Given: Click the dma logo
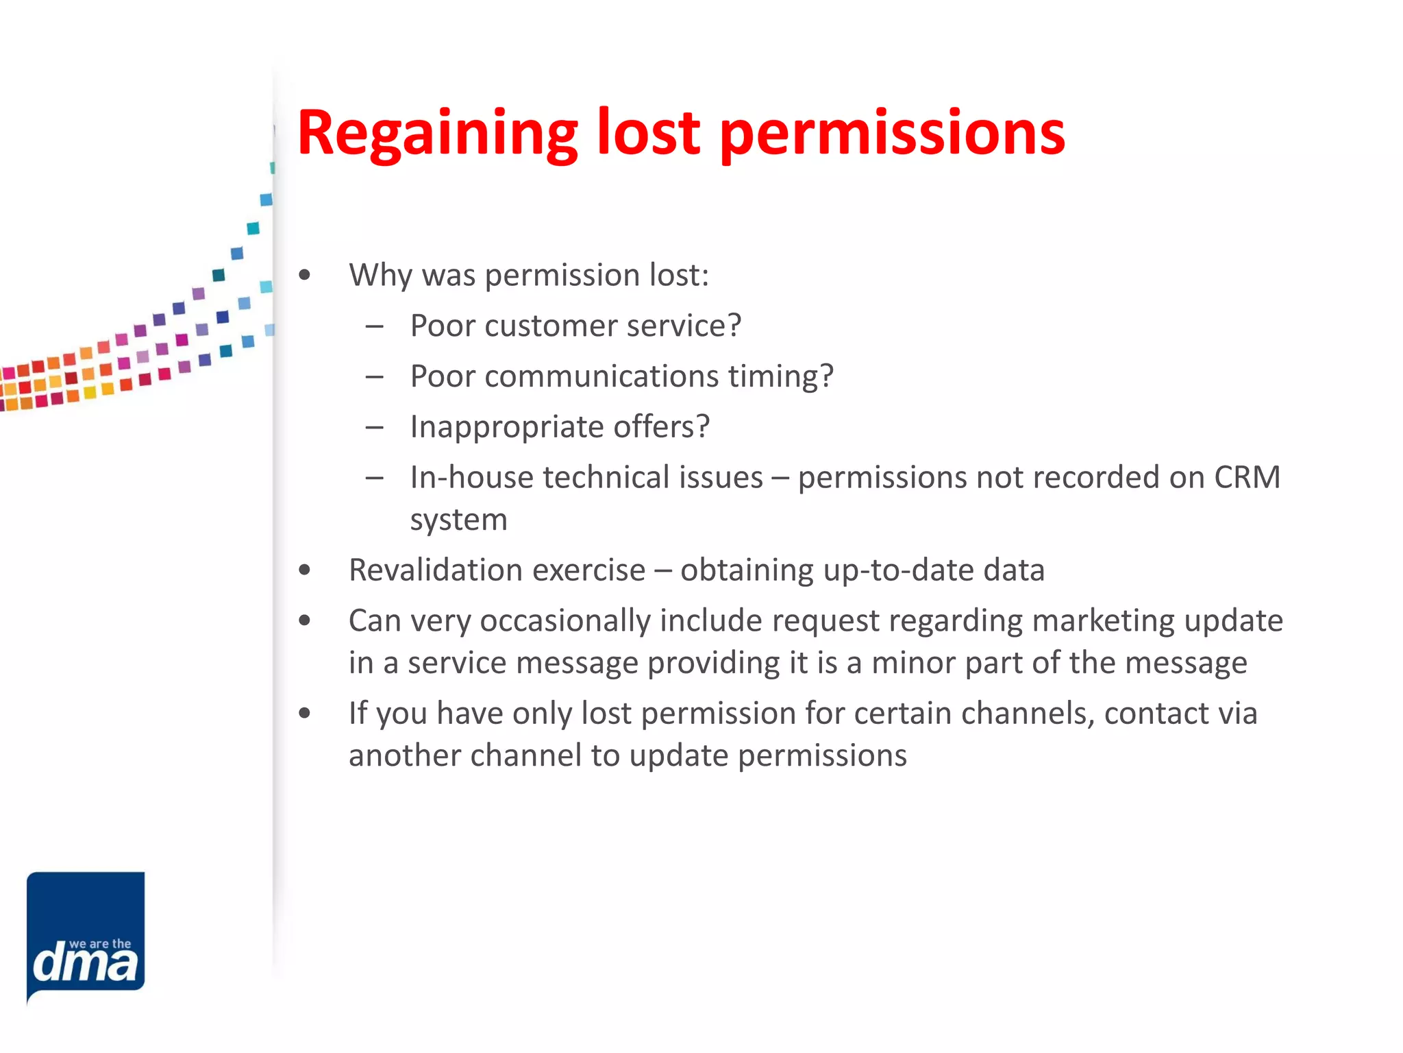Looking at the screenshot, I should pos(86,935).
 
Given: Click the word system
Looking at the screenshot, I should pos(458,520).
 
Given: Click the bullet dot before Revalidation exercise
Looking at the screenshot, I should pos(305,570).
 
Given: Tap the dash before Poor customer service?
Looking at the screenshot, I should pos(374,326).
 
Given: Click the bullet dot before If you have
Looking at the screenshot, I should pos(305,714).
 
